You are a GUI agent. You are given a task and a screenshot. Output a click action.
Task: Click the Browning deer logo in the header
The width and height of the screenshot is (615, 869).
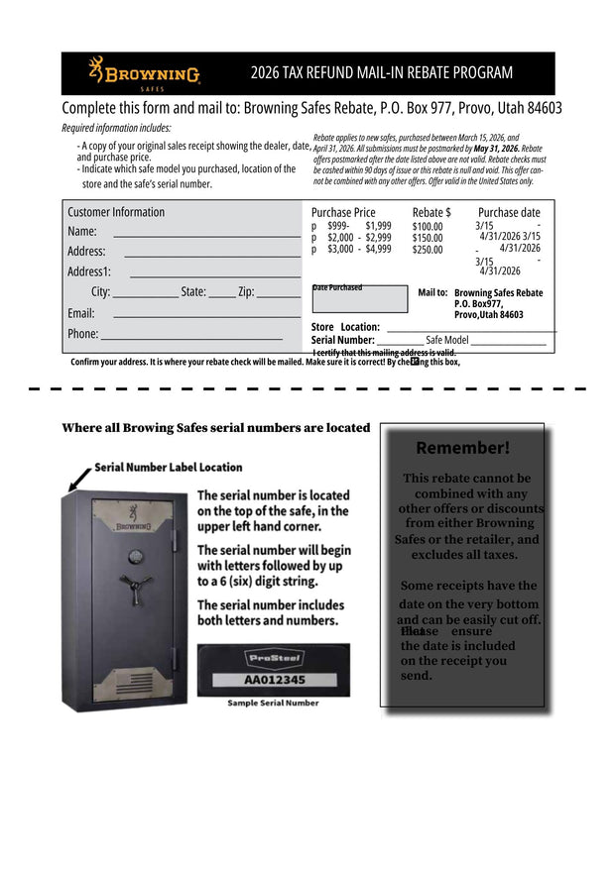(x=96, y=70)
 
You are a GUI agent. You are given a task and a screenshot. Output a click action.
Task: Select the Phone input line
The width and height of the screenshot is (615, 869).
(x=190, y=339)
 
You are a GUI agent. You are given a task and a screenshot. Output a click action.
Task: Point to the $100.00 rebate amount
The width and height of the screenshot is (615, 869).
(x=428, y=227)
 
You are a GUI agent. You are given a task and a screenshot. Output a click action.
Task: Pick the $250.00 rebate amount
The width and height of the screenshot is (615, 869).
(x=428, y=250)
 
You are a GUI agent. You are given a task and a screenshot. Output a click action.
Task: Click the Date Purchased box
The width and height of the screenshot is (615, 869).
(x=359, y=299)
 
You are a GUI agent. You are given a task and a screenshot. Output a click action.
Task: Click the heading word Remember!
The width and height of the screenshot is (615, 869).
(x=462, y=448)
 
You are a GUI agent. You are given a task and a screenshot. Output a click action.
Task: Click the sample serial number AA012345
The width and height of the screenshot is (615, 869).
(x=274, y=681)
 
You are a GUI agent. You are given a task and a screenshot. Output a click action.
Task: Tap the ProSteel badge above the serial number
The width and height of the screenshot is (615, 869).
(x=274, y=658)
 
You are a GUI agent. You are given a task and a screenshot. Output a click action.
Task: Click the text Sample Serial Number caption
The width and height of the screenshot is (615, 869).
(x=273, y=704)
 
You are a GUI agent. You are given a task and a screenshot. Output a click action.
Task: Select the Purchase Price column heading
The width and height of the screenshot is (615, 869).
(x=343, y=212)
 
